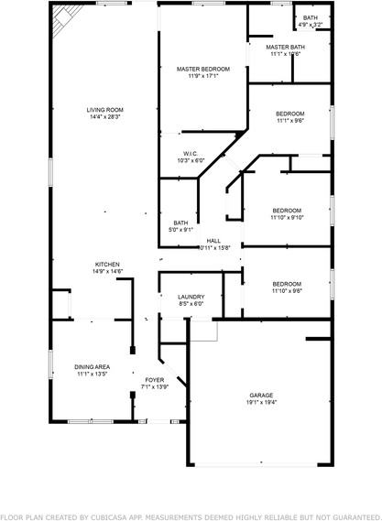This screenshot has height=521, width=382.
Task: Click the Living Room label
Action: pos(105,110)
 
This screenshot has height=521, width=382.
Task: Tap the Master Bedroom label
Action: pos(203,69)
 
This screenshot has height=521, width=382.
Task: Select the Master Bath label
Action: pos(285,47)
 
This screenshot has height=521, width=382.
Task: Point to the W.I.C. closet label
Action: pos(191,154)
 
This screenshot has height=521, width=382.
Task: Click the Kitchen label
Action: pos(106,265)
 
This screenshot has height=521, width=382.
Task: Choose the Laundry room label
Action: pos(191,297)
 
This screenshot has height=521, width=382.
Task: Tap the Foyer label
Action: pos(154,378)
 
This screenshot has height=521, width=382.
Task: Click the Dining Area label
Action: pos(93,367)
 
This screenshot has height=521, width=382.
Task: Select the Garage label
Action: pos(261,396)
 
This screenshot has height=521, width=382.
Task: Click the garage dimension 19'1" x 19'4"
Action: pos(261,403)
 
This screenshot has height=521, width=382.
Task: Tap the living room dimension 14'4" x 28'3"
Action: pos(105,117)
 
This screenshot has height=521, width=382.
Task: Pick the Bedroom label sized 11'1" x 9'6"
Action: pos(289,114)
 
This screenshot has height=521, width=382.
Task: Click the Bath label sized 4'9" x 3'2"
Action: pos(311,17)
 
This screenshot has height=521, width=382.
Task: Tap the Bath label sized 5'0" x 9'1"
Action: pos(180,223)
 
